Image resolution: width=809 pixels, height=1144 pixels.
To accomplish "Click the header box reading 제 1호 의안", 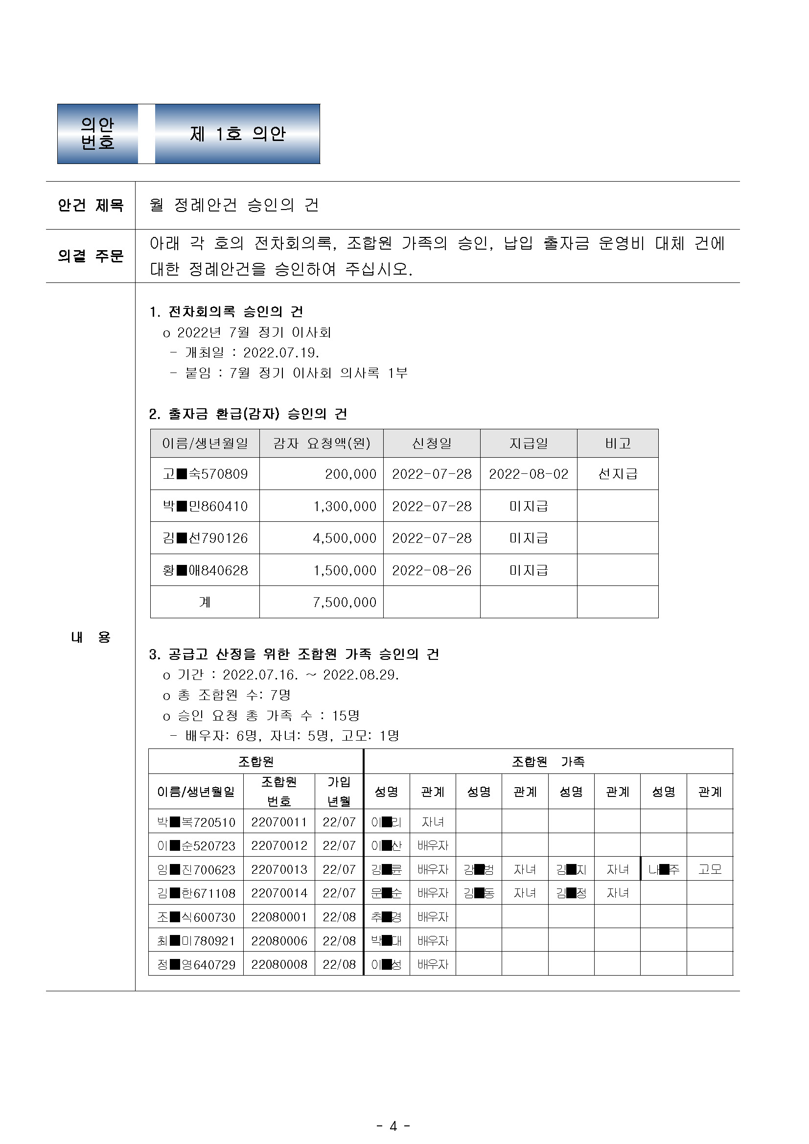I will tap(237, 134).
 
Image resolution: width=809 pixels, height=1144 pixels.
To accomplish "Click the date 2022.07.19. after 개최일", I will tap(281, 353).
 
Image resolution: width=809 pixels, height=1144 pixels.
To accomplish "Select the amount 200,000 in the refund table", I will tap(350, 474).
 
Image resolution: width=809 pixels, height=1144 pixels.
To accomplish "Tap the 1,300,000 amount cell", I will tap(344, 506).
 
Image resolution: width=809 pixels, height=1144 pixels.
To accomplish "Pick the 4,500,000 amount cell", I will tap(344, 538).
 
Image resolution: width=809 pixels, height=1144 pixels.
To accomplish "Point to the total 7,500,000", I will tap(344, 602).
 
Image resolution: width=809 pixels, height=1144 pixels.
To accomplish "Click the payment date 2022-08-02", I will tap(528, 474).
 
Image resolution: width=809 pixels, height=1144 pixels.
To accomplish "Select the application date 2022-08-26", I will tap(431, 570).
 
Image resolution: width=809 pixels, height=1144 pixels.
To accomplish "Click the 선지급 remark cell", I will tap(617, 474).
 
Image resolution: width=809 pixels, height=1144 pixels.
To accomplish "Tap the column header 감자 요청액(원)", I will tap(322, 443).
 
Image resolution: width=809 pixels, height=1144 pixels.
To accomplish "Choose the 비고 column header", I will tap(617, 443).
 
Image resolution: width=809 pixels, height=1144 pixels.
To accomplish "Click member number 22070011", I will tap(278, 821).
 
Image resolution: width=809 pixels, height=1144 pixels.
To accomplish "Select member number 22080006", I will tap(278, 941).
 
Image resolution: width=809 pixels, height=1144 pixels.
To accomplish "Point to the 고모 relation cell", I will tap(709, 869).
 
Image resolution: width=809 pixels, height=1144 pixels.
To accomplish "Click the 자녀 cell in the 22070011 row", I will tap(433, 821).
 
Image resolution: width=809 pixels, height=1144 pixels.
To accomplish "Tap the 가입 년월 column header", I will tap(339, 791).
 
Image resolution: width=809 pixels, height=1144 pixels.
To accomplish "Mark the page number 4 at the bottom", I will tap(393, 1126).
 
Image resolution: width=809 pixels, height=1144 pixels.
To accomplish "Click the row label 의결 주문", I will tap(90, 256).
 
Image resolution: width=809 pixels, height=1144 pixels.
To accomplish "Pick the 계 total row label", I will tap(205, 602).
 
